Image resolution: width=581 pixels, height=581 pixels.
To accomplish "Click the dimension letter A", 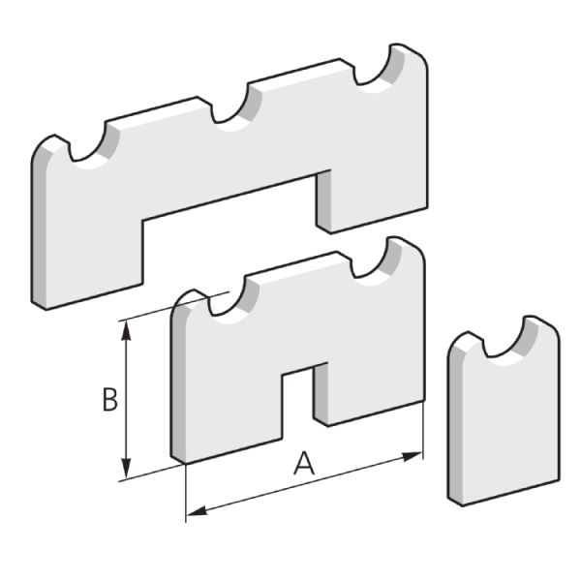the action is click(304, 463).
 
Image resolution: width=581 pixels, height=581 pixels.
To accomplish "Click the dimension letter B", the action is click(110, 399).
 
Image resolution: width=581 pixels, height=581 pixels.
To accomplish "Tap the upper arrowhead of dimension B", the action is click(127, 330).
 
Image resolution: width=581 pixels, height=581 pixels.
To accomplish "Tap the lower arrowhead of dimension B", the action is click(127, 468).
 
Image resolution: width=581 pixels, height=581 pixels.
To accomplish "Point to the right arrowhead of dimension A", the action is click(413, 456).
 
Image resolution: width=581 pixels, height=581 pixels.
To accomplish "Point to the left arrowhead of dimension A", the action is click(197, 511).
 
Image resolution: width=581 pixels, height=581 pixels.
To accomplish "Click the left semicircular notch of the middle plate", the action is click(231, 303).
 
